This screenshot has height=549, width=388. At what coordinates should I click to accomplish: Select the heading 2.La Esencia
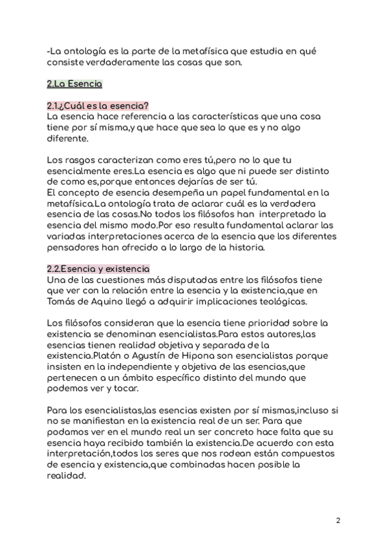click(74, 84)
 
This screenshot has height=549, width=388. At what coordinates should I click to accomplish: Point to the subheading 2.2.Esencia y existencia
click(98, 269)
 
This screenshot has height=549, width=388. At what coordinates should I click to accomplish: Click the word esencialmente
click(89, 171)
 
